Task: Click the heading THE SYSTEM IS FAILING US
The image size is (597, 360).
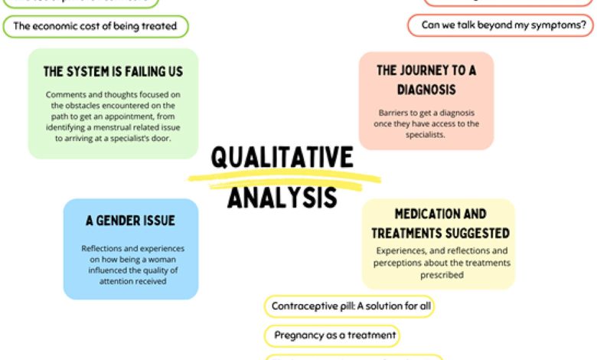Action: tap(113, 72)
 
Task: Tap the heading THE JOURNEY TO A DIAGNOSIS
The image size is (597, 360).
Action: tap(426, 80)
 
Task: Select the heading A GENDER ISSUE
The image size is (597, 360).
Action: tap(130, 221)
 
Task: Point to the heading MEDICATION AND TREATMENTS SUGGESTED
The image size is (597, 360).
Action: tap(440, 223)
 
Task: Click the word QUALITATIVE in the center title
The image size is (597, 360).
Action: tap(282, 158)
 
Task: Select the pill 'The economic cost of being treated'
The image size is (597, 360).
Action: tap(95, 26)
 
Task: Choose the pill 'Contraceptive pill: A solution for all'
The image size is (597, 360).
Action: tap(350, 306)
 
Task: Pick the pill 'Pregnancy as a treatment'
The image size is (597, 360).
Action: tap(334, 335)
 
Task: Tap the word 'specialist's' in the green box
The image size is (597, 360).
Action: tap(142, 139)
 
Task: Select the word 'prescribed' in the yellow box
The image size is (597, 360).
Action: tap(441, 275)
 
